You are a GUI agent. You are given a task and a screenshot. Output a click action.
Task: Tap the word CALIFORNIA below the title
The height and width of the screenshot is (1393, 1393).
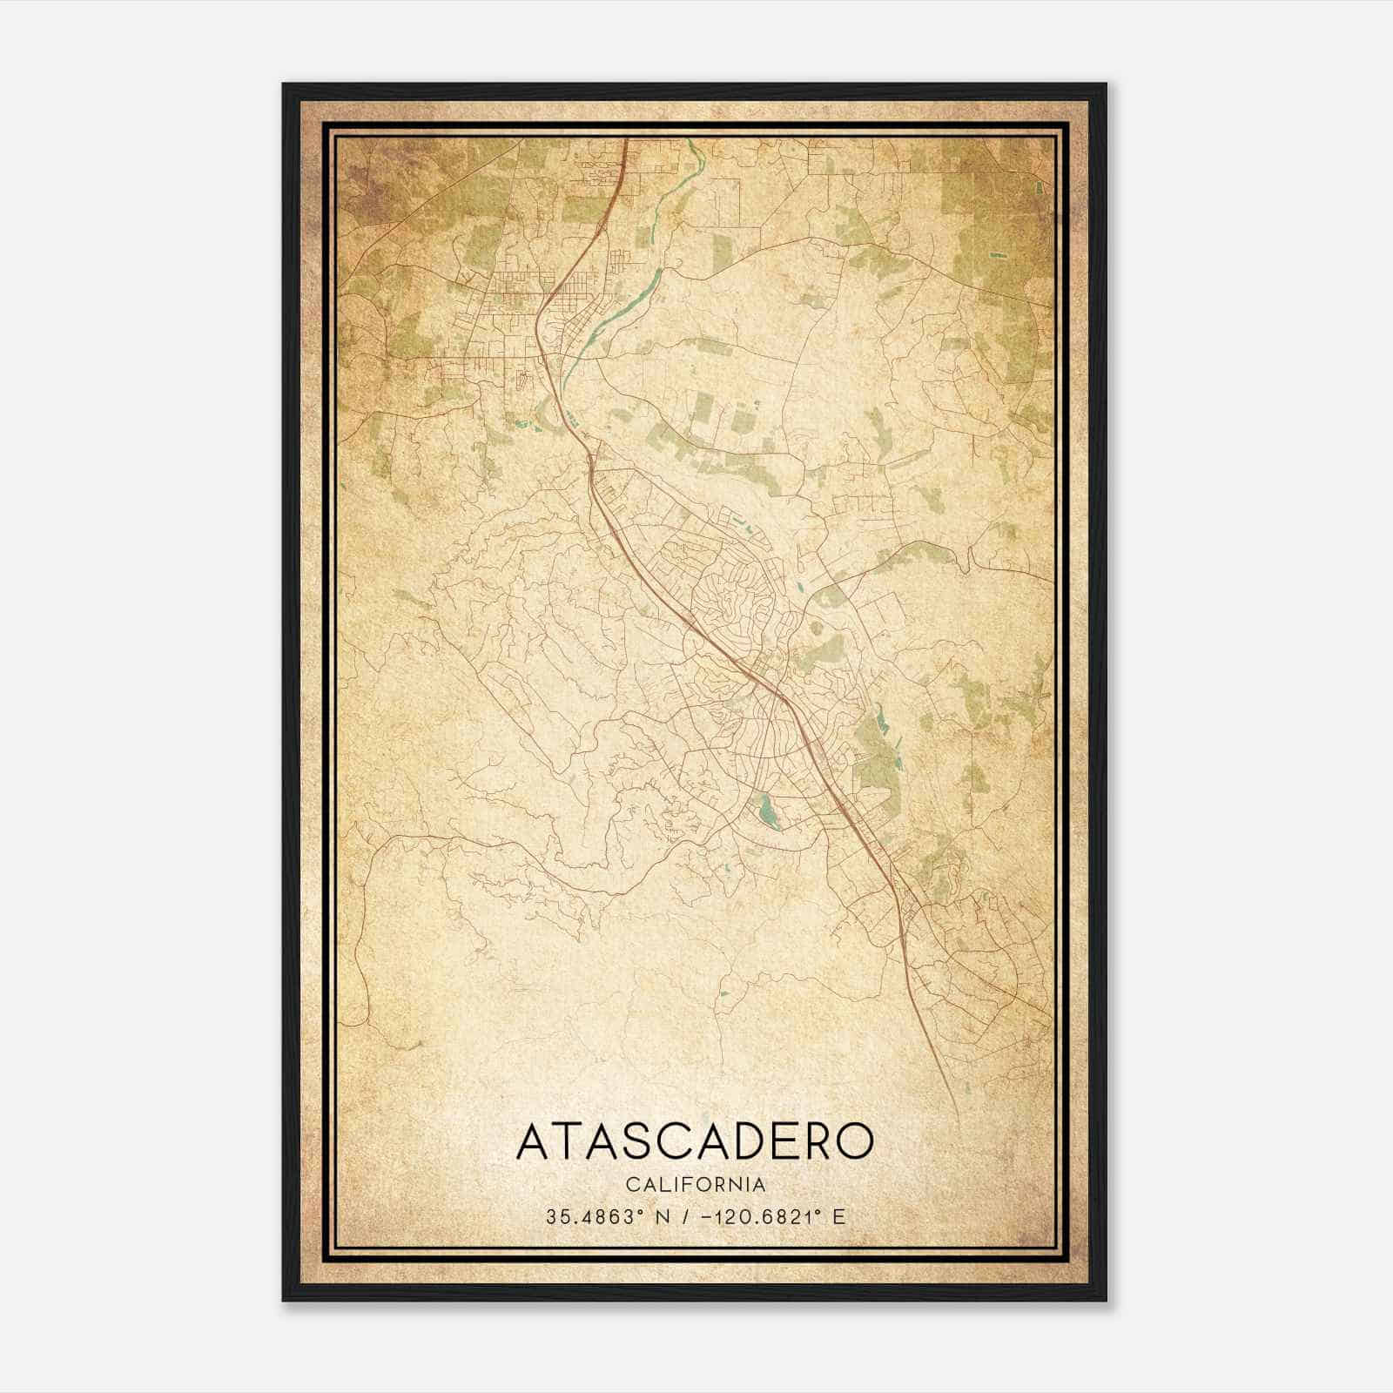(x=696, y=1185)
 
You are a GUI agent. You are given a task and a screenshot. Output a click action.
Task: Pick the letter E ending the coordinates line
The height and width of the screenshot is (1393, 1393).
(x=839, y=1217)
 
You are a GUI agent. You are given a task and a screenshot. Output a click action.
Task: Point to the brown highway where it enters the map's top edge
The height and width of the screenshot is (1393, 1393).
(x=626, y=140)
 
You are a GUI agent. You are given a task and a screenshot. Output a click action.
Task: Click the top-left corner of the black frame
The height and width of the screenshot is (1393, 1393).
(x=284, y=84)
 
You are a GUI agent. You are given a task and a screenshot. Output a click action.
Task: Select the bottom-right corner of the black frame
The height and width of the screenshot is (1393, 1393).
(x=1105, y=1300)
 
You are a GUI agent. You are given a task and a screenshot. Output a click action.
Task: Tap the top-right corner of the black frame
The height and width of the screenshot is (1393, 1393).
(x=1105, y=84)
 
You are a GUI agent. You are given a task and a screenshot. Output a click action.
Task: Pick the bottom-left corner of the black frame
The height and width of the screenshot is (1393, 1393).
(x=284, y=1300)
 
